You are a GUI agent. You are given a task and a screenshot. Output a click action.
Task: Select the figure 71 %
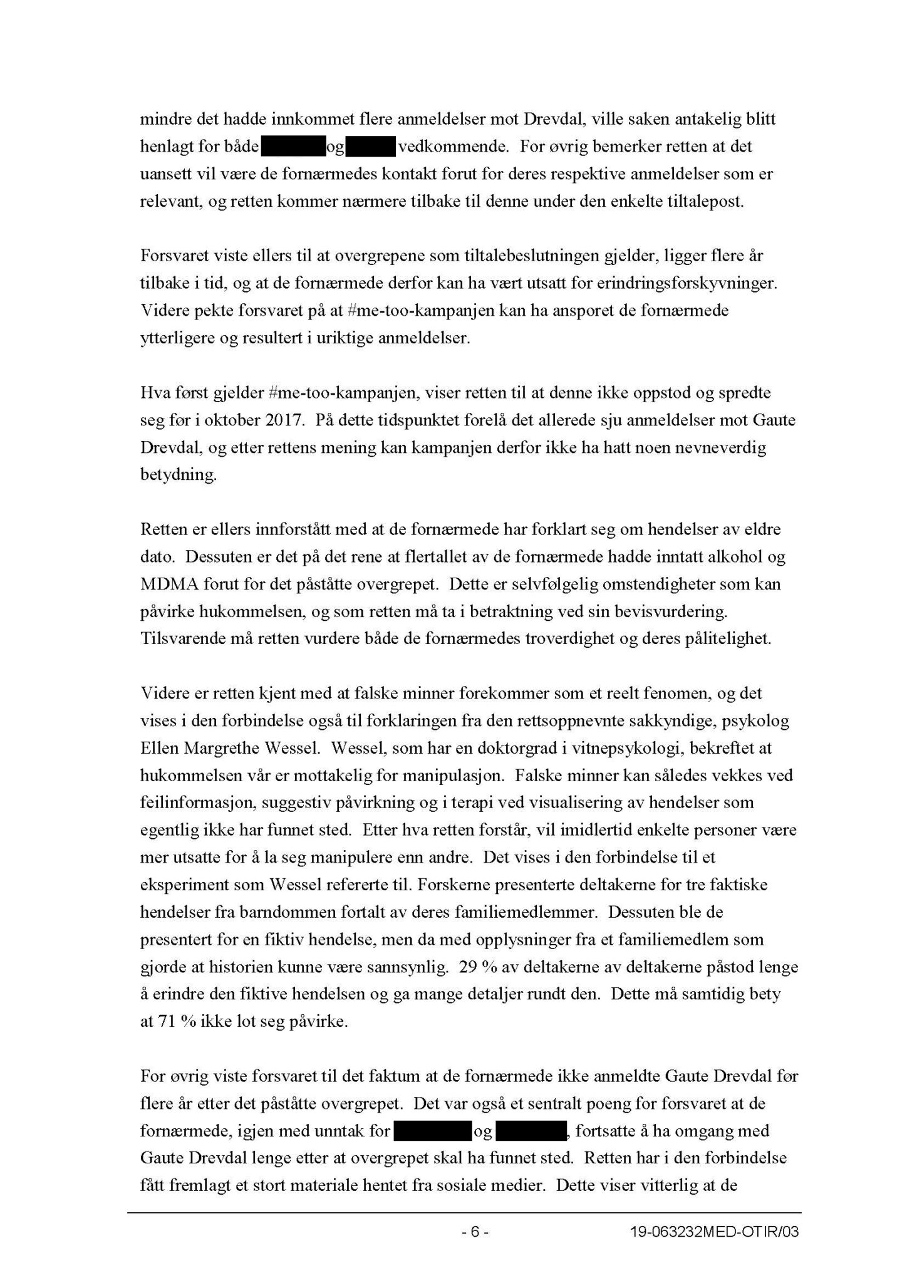click(x=170, y=1022)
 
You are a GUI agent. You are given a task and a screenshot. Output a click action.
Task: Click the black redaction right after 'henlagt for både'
click(x=293, y=147)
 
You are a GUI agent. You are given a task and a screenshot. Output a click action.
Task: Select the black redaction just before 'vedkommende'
click(x=370, y=147)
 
